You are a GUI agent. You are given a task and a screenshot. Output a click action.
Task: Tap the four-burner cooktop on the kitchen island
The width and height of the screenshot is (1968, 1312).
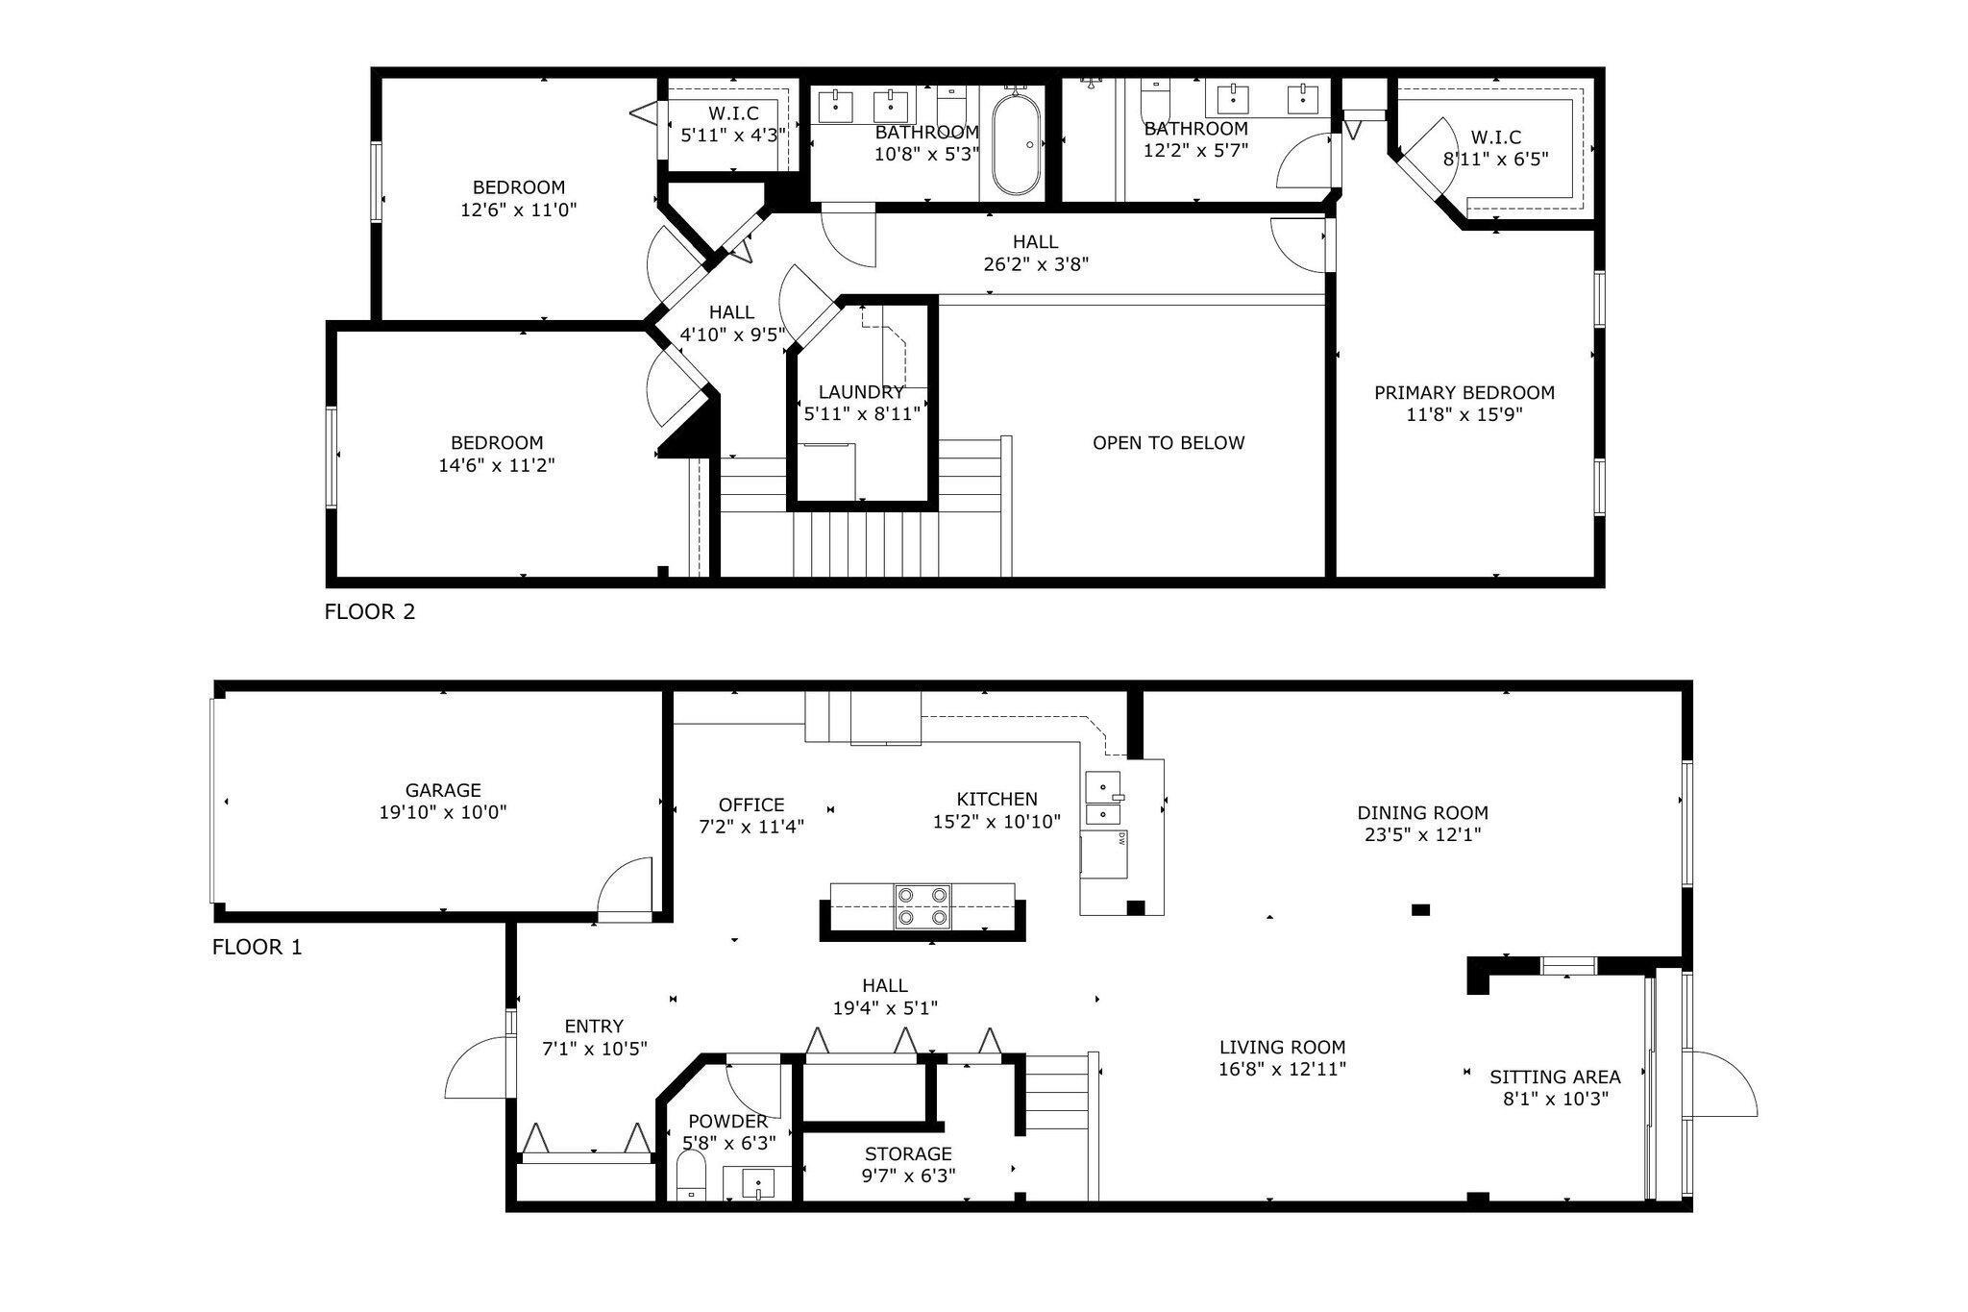point(922,906)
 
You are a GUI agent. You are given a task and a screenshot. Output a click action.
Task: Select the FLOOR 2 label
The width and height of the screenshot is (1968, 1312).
point(370,611)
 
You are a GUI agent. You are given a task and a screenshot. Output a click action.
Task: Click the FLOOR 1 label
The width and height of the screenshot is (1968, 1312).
point(258,947)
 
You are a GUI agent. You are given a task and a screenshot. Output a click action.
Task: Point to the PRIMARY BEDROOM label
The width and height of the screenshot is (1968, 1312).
point(1464,392)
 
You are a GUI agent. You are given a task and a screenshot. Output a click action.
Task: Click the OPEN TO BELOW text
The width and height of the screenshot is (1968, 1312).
point(1168,443)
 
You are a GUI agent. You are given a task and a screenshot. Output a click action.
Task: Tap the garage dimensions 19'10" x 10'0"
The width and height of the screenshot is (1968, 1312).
point(443,812)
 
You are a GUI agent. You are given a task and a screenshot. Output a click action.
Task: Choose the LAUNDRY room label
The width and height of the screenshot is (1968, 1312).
point(861,392)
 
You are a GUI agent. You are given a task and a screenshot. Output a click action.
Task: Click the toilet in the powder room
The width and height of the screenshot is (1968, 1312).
point(691,1176)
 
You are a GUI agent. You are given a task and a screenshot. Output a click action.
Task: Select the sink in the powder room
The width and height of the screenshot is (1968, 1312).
point(759,1183)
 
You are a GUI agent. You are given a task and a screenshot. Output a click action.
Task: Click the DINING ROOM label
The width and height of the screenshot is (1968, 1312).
point(1422,812)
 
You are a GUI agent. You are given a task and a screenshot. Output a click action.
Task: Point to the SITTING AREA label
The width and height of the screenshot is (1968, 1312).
point(1555,1077)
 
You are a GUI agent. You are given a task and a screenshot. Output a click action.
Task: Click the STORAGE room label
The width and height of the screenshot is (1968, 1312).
point(908,1153)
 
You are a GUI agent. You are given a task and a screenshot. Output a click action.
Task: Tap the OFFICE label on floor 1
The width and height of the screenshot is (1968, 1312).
point(751,805)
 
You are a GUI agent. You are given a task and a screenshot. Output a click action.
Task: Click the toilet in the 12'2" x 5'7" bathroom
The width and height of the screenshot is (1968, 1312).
point(1154,99)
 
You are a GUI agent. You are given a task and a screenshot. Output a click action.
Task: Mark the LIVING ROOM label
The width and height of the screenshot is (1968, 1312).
point(1283,1047)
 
